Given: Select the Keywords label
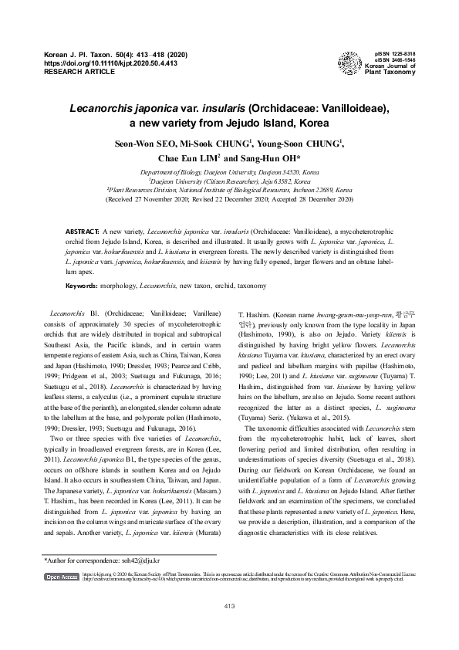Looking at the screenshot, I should (81, 286).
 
